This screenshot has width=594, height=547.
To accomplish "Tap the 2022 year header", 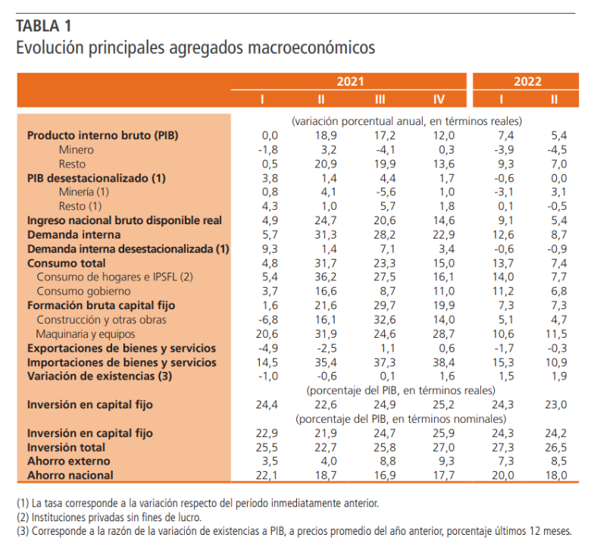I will point(527,82).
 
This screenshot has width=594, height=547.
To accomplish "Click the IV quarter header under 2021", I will point(439,99).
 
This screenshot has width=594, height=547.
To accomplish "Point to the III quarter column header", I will point(380,99).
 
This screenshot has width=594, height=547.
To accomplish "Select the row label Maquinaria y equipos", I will point(86,333).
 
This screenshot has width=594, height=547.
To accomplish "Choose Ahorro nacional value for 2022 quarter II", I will point(555,475).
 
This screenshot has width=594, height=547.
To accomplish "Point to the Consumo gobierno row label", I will point(83,291).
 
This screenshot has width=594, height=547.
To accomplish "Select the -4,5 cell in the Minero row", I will point(555,149).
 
